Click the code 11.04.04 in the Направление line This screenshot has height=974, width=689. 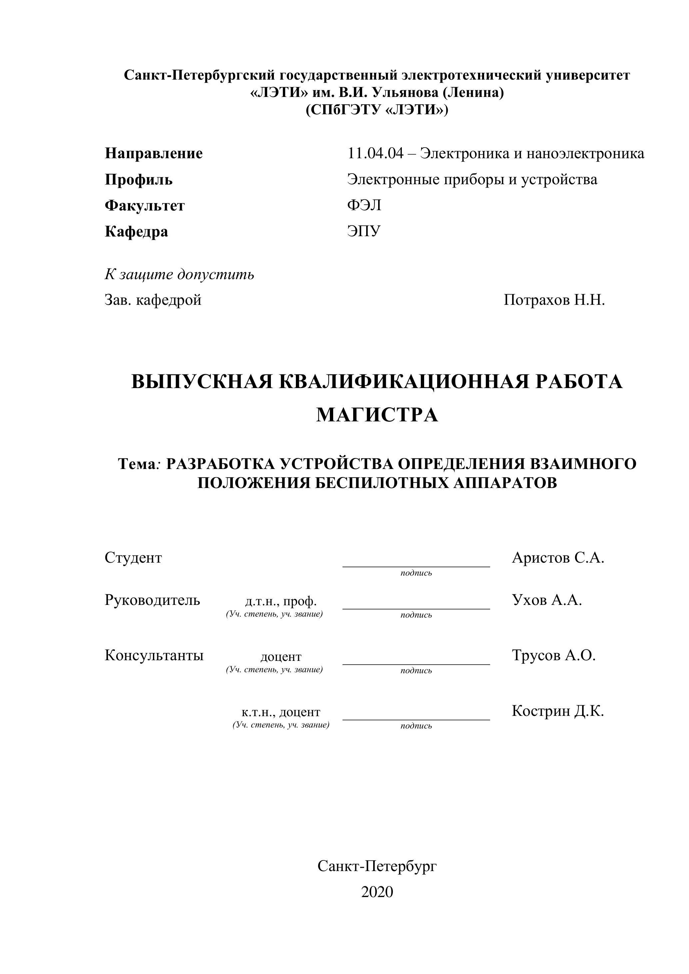tap(375, 153)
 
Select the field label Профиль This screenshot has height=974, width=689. tap(138, 180)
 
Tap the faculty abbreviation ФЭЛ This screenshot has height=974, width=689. tap(364, 205)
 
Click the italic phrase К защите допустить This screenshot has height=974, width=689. tap(180, 274)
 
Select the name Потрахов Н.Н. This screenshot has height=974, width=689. tap(554, 300)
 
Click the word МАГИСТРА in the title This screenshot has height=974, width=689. tap(377, 415)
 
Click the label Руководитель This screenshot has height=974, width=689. tap(152, 600)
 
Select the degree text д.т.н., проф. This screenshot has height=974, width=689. tap(281, 601)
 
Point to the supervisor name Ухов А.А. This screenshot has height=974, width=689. tap(547, 600)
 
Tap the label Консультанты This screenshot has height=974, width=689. tap(154, 656)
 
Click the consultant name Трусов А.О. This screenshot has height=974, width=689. tap(554, 656)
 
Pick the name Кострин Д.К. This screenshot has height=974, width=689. tap(557, 711)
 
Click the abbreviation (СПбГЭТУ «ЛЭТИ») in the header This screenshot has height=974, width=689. tap(377, 110)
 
